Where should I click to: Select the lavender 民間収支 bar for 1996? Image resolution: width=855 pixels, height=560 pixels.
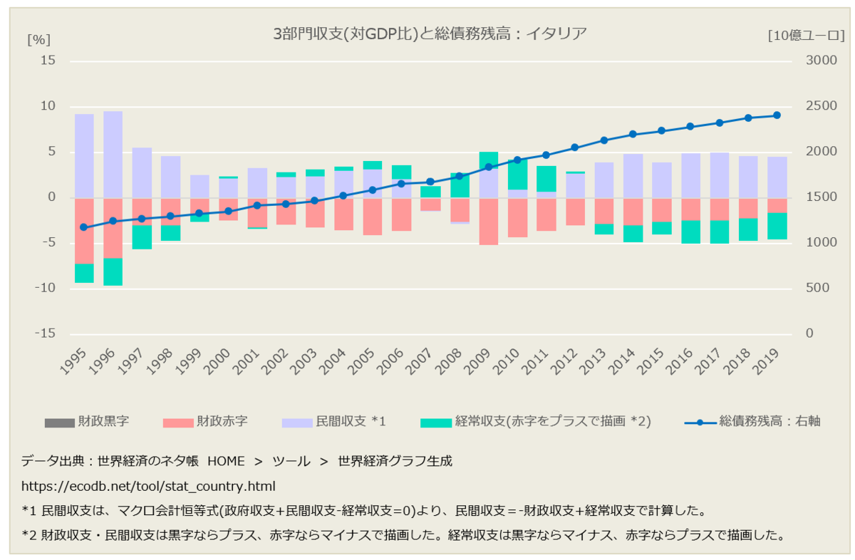pos(113,154)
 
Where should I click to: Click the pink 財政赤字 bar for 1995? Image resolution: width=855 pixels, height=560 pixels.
pos(84,230)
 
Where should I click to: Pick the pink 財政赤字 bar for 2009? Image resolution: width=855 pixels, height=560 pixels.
pos(488,221)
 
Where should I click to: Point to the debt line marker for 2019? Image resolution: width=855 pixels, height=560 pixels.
pos(777,115)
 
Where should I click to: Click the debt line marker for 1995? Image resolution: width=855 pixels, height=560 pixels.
pos(84,227)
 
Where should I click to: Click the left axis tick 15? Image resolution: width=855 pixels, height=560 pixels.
pos(48,61)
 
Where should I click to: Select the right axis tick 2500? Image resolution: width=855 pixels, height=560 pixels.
pos(820,106)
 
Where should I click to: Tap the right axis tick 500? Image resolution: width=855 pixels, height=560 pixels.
pos(817,289)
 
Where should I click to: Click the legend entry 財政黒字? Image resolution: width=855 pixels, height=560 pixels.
pos(87,422)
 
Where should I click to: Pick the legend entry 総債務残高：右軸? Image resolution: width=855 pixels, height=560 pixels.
pos(752,422)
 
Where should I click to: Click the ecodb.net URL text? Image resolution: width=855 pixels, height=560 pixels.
pos(148,486)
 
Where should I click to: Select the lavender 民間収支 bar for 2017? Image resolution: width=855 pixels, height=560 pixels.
pos(720,175)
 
